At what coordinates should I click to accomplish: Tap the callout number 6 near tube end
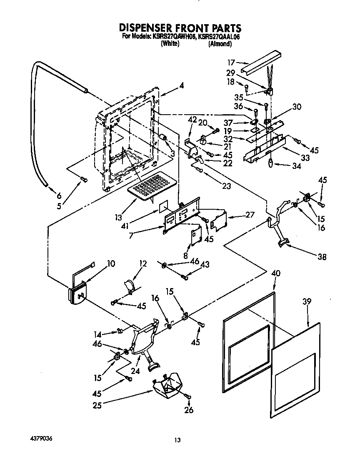59,196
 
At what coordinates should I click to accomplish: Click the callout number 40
276,273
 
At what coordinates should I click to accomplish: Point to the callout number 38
322,257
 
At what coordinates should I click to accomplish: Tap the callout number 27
249,215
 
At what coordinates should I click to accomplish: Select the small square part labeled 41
164,206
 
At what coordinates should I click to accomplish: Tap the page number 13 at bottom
177,440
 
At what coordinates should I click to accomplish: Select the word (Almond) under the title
220,44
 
